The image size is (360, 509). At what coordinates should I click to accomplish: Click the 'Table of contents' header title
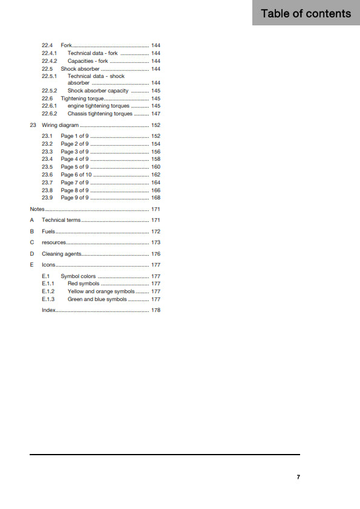(306, 13)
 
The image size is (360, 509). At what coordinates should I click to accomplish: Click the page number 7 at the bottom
(298, 477)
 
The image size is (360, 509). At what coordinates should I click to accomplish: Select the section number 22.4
(47, 45)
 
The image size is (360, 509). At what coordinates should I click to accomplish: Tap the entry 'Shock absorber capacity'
(98, 91)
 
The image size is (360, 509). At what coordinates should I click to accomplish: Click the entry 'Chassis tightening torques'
(100, 114)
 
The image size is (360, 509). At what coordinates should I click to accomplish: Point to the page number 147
(155, 114)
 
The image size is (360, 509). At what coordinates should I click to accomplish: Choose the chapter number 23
(33, 125)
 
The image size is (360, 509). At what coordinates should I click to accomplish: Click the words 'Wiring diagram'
(61, 125)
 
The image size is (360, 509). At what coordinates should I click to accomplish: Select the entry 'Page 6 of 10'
(76, 175)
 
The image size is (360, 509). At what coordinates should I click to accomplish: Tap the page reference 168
(155, 198)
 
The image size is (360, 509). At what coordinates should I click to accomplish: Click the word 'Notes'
(37, 209)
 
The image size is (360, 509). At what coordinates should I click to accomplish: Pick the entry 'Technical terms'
(61, 220)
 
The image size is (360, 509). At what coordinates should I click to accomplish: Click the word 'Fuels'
(48, 232)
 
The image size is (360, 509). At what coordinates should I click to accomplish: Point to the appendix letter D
(32, 254)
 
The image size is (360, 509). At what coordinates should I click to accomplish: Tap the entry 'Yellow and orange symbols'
(101, 291)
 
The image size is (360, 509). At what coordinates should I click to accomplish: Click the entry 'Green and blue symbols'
(97, 299)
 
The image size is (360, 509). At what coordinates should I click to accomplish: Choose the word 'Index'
(48, 310)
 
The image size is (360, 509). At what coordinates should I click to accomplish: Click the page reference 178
(155, 310)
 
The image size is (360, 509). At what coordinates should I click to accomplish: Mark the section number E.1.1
(48, 284)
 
